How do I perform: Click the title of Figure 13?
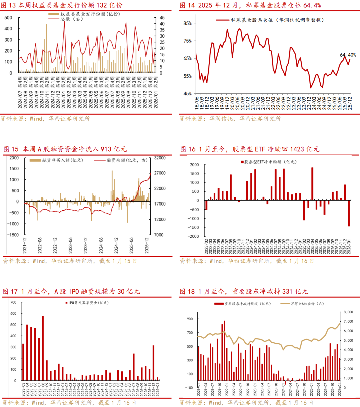pos(62,5)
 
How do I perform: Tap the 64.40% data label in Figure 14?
pos(348,55)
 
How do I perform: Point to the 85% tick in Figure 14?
pos(187,23)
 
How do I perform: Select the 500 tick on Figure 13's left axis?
pos(8,18)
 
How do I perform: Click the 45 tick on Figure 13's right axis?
pos(162,18)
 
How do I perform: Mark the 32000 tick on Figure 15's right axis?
pos(159,158)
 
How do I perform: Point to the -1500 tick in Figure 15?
pos(13,235)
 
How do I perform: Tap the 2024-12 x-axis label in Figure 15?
pos(116,245)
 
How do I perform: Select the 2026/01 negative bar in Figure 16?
pos(349,214)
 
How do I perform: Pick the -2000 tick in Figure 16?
pos(194,236)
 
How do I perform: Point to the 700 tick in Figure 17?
pos(13,302)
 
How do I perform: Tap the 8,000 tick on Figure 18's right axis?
pos(348,312)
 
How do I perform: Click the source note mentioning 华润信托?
pos(230,119)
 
